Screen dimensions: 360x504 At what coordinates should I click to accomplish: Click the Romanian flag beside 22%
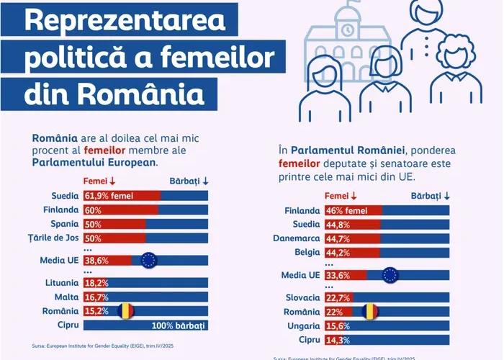[369, 311]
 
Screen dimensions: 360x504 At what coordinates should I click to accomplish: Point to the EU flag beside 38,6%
[148, 261]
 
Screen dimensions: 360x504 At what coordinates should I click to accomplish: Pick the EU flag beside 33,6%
[390, 275]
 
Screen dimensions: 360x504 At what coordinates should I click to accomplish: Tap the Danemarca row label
[296, 238]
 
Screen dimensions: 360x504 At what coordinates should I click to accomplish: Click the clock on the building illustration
[348, 30]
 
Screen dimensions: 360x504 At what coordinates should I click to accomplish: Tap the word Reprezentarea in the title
[124, 21]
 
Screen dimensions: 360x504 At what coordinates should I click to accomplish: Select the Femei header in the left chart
[99, 181]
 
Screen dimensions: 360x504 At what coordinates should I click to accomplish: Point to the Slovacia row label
[302, 297]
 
